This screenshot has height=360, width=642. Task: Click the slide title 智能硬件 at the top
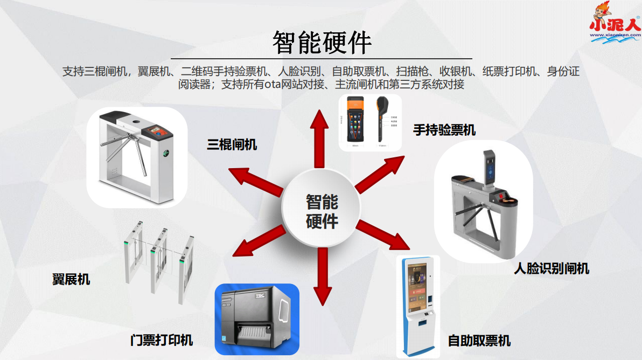click(322, 42)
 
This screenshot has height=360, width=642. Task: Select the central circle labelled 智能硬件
click(322, 211)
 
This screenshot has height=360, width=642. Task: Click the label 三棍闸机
click(232, 144)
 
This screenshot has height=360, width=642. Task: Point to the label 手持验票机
click(444, 130)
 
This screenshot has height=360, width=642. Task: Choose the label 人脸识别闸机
click(552, 268)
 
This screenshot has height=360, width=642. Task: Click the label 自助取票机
click(479, 341)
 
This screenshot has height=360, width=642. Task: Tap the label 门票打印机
click(162, 340)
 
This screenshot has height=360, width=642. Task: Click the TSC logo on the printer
click(260, 295)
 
